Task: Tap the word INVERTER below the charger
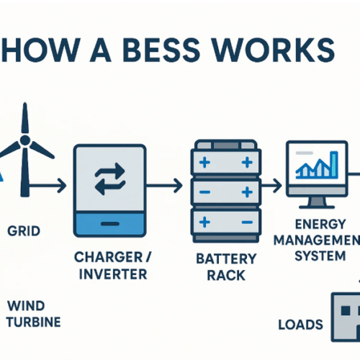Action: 112,274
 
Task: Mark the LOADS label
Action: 300,325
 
